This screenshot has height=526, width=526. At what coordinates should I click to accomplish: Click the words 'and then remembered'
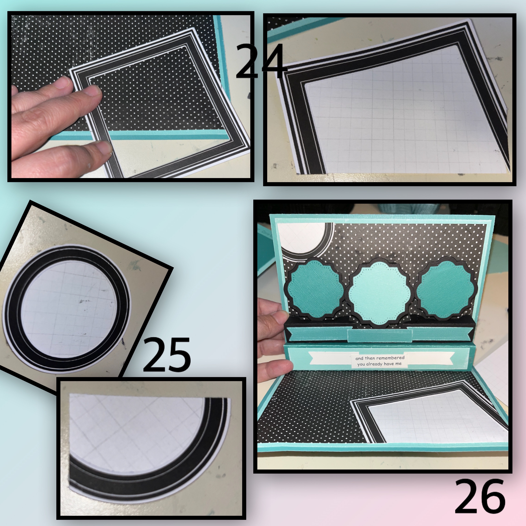(380, 358)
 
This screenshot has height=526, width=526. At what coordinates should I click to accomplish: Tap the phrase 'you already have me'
(380, 364)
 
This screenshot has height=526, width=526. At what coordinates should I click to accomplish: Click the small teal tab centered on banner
(380, 335)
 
